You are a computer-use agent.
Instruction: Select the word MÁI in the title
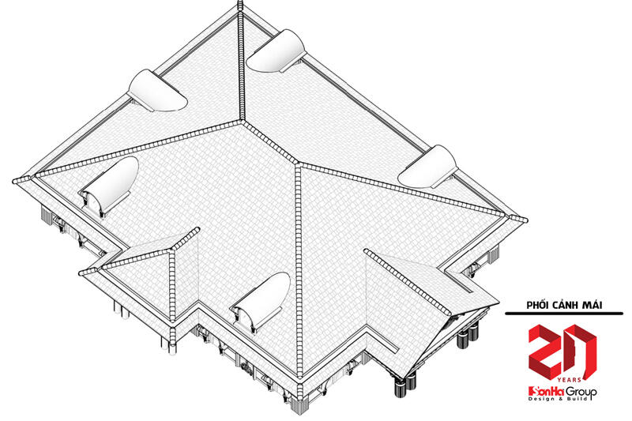(x=592, y=305)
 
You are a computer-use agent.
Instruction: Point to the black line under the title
(x=564, y=313)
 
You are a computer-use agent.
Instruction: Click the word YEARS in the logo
(x=570, y=379)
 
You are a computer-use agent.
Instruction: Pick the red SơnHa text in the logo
(x=546, y=391)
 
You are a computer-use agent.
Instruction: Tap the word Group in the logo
(x=581, y=392)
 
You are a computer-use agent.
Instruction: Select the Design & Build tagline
(x=558, y=399)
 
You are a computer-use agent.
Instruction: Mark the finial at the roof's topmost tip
(x=241, y=6)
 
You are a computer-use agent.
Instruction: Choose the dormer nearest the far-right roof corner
(x=428, y=167)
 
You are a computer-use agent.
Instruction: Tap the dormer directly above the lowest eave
(x=261, y=301)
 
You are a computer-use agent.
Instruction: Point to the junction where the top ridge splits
(x=242, y=120)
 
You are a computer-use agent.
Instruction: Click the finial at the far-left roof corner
(x=17, y=181)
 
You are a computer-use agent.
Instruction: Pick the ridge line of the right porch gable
(x=407, y=282)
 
